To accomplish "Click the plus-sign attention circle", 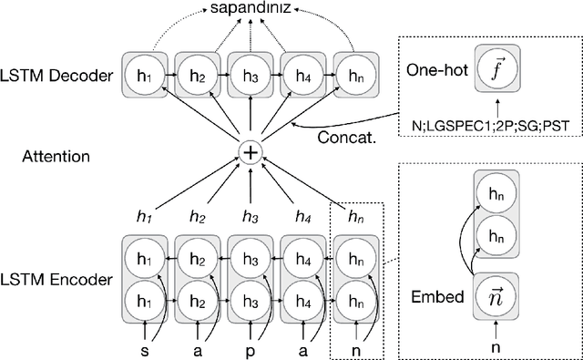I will [249, 152].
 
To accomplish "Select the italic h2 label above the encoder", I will [197, 216].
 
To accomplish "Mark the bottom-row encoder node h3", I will [249, 296].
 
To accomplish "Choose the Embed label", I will [438, 297].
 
